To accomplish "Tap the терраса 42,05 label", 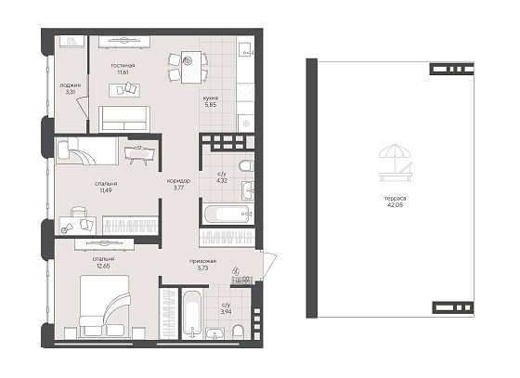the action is [x=396, y=202].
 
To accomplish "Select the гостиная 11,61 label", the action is [x=123, y=69].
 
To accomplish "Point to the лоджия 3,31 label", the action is [x=71, y=88].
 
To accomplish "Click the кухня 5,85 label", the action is [x=211, y=101].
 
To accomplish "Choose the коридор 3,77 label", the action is [x=178, y=184].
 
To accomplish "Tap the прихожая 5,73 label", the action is [x=203, y=265].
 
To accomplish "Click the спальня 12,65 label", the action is [x=104, y=262].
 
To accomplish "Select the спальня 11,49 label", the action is [x=106, y=187].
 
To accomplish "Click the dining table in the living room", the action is [x=191, y=67].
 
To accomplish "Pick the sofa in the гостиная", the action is [x=124, y=119].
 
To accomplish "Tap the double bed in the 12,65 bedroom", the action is [x=104, y=306].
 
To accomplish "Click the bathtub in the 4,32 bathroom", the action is [x=228, y=214].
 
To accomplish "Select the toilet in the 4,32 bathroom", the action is [x=246, y=166].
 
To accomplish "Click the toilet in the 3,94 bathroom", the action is [x=238, y=332].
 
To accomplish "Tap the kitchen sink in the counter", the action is [x=245, y=49].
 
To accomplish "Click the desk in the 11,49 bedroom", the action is [x=78, y=225].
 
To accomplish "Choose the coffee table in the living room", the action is [x=124, y=90].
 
